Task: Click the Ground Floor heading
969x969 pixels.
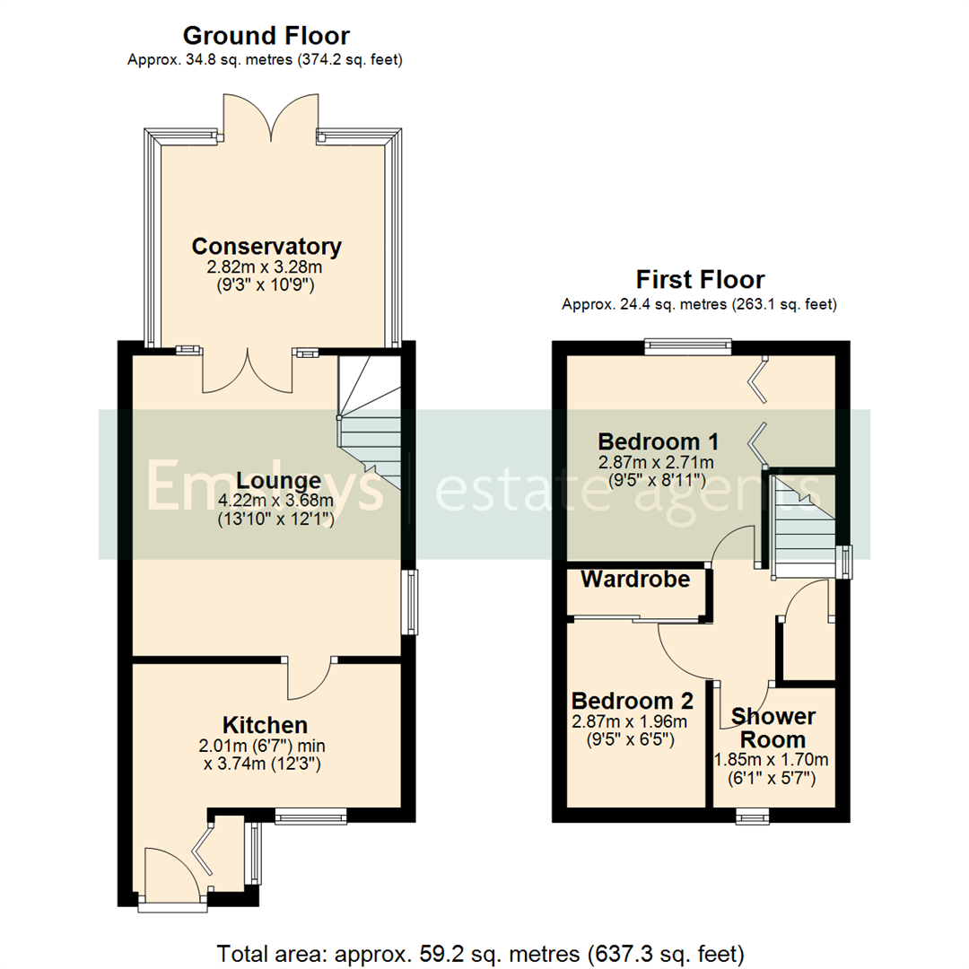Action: coord(266,36)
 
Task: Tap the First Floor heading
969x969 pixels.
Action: coord(700,279)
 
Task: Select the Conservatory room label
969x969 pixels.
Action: coord(266,246)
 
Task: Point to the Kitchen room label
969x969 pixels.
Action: coord(266,725)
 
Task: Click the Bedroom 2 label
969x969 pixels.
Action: coord(633,700)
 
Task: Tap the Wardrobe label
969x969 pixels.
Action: coord(635,580)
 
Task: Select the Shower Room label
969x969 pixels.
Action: coord(773,728)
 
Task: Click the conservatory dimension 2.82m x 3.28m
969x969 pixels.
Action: coord(266,267)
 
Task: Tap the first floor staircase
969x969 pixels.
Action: coord(801,529)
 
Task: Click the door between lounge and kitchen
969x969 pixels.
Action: coord(310,678)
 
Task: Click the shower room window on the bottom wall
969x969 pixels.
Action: coord(752,816)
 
